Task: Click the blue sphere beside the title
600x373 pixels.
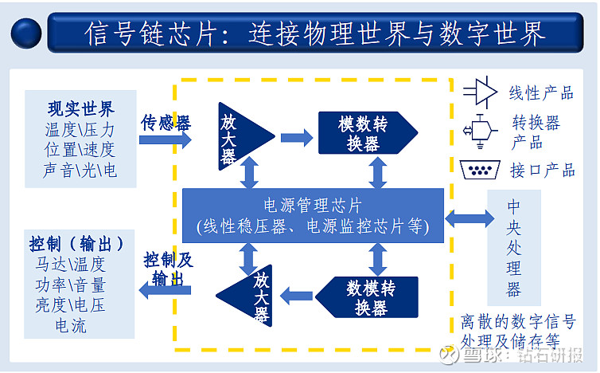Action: click(26, 33)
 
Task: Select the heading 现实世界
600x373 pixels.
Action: click(80, 108)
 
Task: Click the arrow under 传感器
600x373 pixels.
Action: click(166, 140)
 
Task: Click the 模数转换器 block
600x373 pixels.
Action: click(366, 132)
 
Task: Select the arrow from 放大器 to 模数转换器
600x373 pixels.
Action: click(296, 138)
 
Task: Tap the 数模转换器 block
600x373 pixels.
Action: click(366, 296)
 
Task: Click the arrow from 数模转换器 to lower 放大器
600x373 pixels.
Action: click(296, 293)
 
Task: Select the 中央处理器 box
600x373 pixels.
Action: click(513, 247)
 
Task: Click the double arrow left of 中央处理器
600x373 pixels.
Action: click(469, 217)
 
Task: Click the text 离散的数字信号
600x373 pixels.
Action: click(518, 323)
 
